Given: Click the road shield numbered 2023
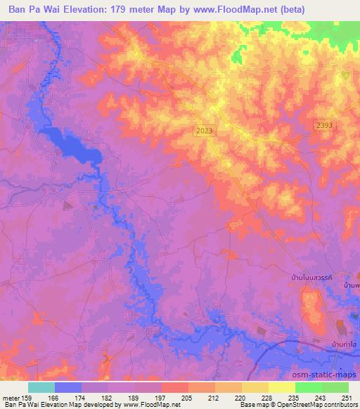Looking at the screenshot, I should tap(205, 131).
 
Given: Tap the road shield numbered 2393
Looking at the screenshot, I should tap(323, 124).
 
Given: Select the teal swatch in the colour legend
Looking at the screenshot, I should tap(41, 387).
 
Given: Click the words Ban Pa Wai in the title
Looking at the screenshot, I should tap(33, 10).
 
